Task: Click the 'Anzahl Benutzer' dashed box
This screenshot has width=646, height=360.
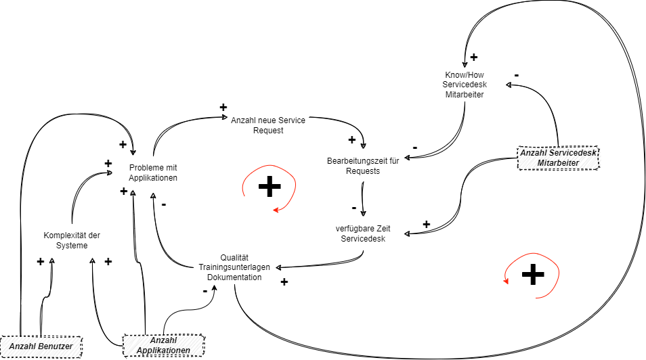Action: (41, 346)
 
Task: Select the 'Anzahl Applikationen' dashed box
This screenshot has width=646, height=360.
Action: (163, 345)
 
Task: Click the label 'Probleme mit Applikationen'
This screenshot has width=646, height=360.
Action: (153, 173)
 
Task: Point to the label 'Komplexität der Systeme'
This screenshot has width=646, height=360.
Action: (72, 240)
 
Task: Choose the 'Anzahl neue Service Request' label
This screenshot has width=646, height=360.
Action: (268, 125)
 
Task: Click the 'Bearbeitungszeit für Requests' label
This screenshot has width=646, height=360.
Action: (362, 166)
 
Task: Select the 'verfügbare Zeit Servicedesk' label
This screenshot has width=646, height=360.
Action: (363, 233)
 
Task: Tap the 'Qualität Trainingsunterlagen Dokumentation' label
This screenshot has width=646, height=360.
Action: (234, 267)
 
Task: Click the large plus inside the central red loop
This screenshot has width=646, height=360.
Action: (269, 186)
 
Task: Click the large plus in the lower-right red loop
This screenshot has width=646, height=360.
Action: (533, 273)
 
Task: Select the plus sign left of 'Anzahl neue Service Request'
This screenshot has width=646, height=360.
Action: (223, 107)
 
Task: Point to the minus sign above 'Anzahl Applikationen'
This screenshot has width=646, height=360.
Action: (204, 291)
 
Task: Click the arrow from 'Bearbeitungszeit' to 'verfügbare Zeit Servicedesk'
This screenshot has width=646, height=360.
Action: (364, 197)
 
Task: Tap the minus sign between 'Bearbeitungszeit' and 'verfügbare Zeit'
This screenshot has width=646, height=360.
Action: (354, 207)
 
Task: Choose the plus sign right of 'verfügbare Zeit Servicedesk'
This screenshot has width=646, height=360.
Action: (426, 224)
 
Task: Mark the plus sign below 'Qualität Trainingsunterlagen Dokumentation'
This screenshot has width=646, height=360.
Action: (284, 282)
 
